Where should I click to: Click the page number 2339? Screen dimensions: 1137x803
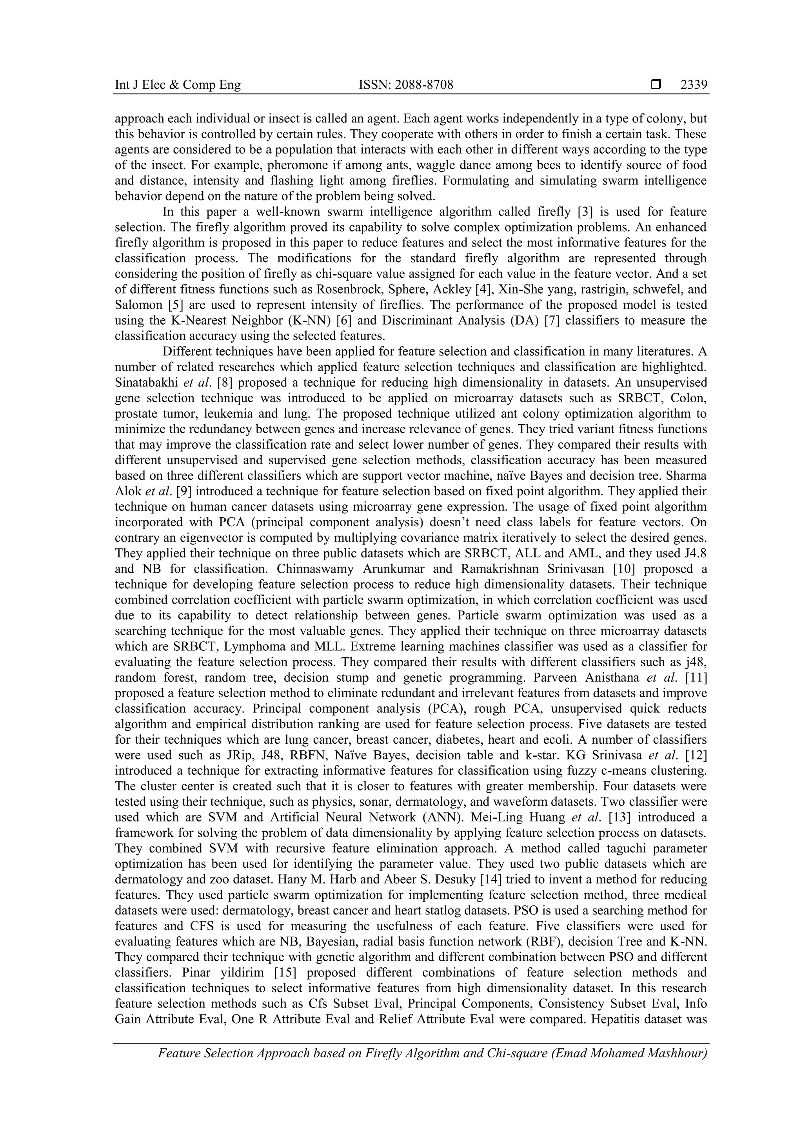(x=694, y=85)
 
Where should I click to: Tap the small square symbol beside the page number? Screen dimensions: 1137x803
(x=656, y=85)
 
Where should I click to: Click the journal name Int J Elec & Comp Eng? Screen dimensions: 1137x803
(x=178, y=85)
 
